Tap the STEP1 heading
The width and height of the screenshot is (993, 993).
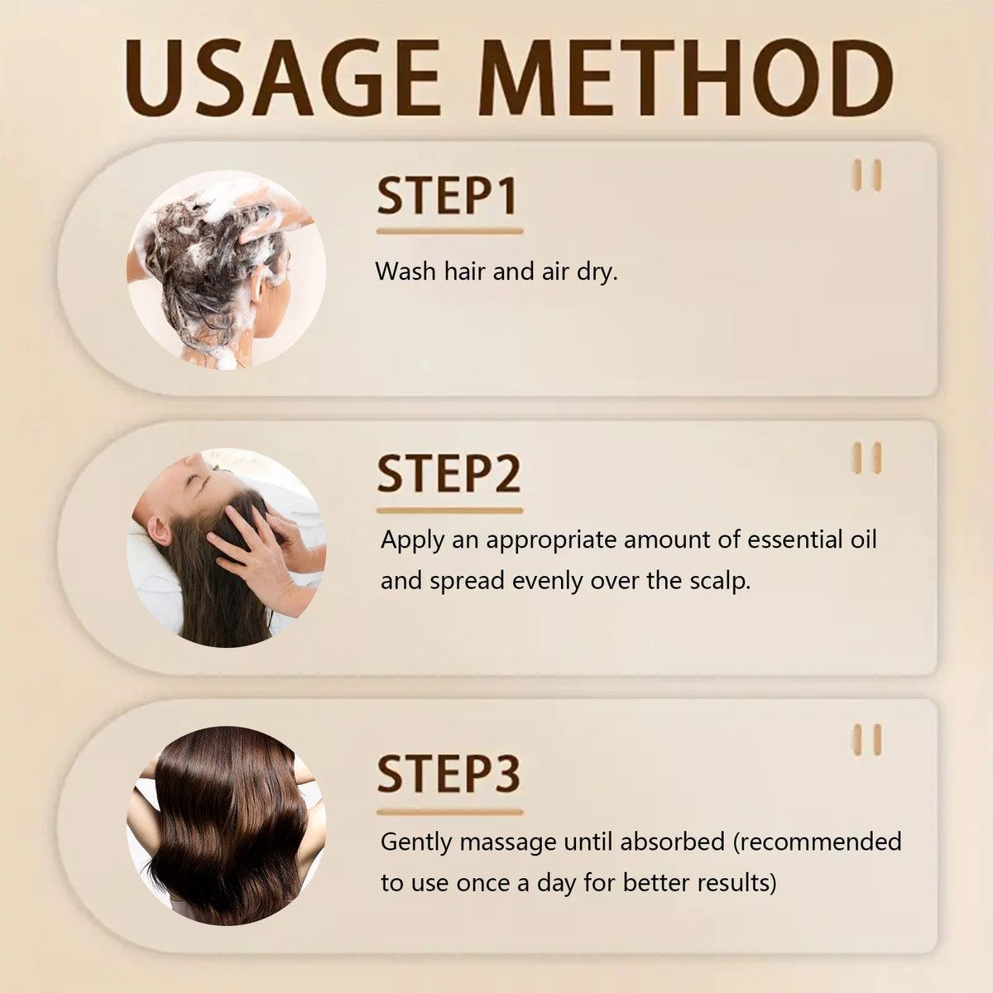coord(448,196)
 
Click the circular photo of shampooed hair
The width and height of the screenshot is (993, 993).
coord(226,270)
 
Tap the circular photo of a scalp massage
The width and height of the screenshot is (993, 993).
coord(226,548)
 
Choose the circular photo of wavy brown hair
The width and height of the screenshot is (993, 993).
coord(226,826)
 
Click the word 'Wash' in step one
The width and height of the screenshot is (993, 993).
coord(405,271)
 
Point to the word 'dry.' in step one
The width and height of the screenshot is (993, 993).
coord(597,271)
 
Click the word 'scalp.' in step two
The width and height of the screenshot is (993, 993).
coord(720,581)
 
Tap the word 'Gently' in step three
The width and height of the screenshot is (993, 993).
coord(416,842)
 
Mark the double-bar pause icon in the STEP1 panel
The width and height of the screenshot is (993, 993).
coord(867,175)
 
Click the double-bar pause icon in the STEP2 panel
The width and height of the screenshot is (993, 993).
coord(867,458)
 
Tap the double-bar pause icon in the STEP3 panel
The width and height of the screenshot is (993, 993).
coord(867,740)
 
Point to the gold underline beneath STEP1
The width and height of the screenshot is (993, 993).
coord(449,232)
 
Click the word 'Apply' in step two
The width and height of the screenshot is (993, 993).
coord(413,541)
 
